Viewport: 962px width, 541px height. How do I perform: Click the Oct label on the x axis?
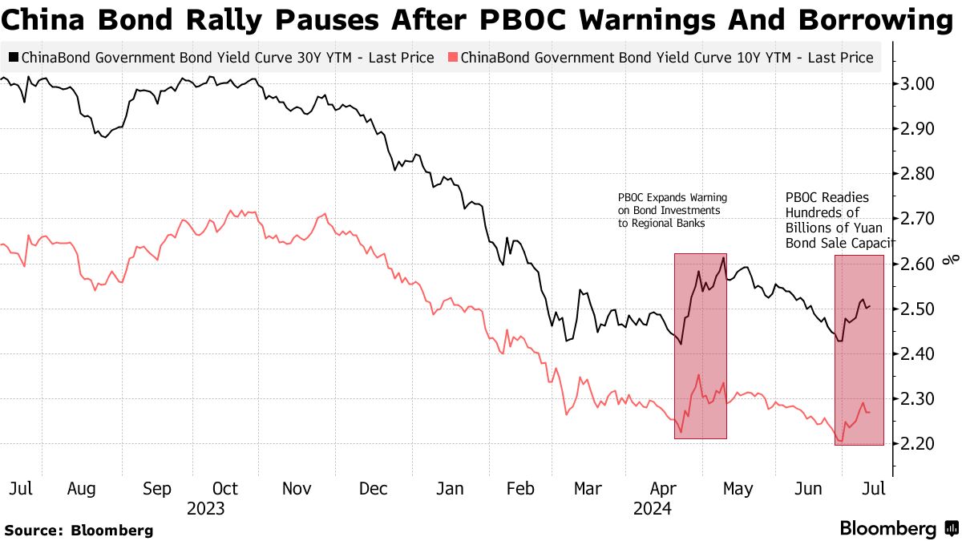tap(225, 489)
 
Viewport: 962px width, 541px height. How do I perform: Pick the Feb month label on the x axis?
tap(522, 489)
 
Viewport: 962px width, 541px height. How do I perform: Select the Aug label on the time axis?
tap(83, 489)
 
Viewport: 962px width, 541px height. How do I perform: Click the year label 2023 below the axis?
tap(205, 509)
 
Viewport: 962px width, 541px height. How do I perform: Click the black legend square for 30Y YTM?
tap(13, 58)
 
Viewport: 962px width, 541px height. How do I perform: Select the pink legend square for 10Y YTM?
tap(453, 58)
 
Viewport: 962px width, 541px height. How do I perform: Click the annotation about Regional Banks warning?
tap(672, 210)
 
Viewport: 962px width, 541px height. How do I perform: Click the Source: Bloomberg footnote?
tap(79, 530)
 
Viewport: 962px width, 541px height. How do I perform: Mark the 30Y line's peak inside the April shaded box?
tap(723, 257)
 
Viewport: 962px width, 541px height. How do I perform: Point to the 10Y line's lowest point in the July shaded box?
tap(840, 441)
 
